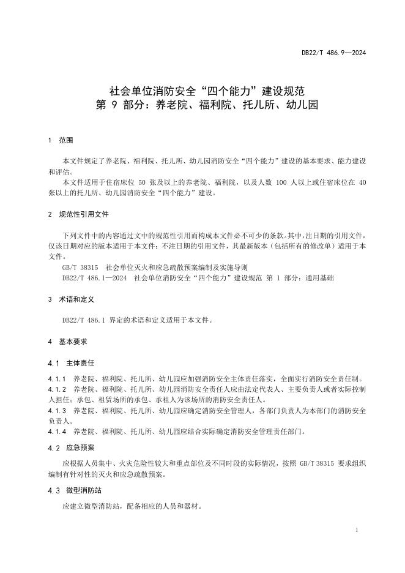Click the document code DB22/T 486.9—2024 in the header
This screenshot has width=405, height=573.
333,53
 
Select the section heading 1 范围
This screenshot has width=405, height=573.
61,140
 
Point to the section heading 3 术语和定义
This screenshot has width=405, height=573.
72,299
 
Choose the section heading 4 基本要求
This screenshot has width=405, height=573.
68,341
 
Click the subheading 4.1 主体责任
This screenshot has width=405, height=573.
71,362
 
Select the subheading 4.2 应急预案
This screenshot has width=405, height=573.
71,448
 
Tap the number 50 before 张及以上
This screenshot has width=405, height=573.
143,182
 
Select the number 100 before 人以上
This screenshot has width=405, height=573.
281,182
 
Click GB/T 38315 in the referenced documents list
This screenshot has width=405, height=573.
80,268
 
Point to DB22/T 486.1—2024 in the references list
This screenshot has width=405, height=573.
94,277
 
